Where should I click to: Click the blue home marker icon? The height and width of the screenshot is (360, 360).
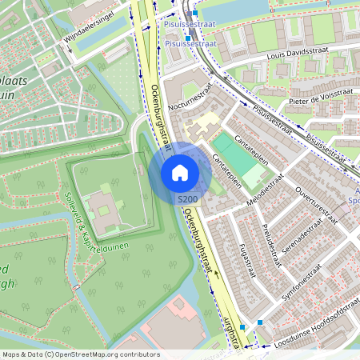[180, 172]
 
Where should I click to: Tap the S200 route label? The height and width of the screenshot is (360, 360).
[187, 198]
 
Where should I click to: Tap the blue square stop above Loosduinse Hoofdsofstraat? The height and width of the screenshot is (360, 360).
[260, 322]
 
